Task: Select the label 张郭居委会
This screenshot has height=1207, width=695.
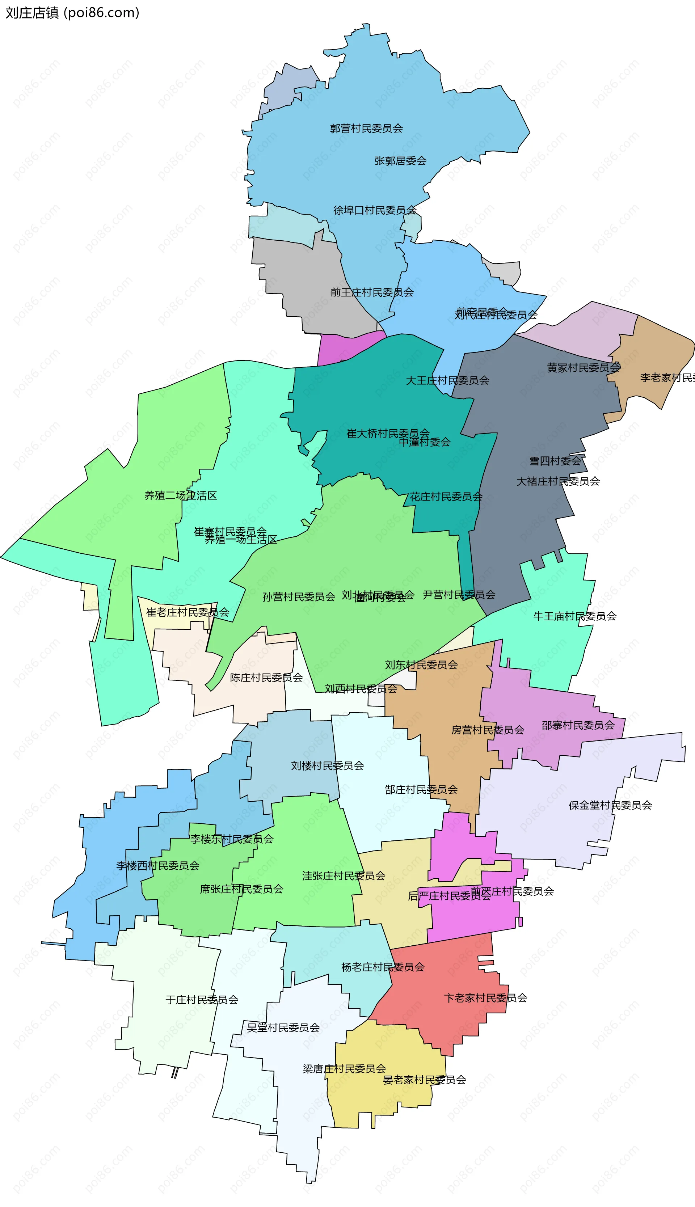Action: click(400, 161)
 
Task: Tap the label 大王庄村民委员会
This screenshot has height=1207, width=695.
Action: click(447, 380)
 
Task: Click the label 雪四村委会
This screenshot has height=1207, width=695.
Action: click(555, 461)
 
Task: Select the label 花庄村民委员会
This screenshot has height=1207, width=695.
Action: click(446, 497)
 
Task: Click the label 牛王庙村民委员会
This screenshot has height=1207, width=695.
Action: click(575, 616)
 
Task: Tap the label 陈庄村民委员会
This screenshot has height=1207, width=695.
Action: click(266, 678)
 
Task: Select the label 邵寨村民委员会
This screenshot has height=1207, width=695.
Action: click(578, 725)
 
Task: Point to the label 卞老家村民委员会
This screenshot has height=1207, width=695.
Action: click(485, 998)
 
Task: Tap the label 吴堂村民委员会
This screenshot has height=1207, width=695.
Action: click(283, 1027)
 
